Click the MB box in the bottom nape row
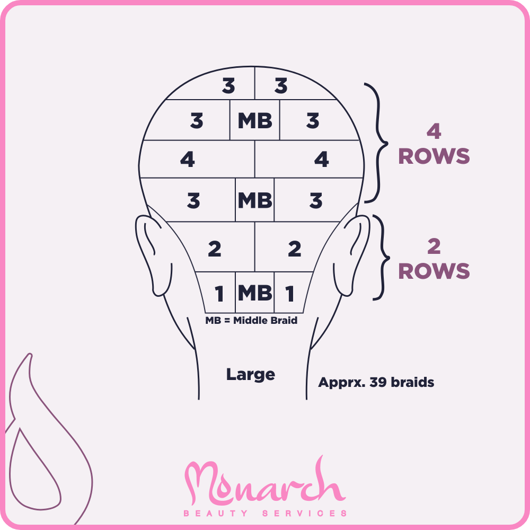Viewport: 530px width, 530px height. (254, 293)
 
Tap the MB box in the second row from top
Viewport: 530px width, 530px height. (255, 120)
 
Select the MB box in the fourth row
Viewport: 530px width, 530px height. (254, 200)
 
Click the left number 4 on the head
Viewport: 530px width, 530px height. (187, 159)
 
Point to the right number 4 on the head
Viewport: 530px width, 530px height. (322, 159)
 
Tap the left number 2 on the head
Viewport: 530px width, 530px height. (215, 249)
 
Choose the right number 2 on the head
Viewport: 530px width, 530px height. (294, 249)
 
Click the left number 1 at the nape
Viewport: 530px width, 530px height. (219, 294)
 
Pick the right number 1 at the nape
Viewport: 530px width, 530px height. (290, 294)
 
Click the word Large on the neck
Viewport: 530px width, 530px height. (251, 375)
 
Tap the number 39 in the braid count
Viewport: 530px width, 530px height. (378, 382)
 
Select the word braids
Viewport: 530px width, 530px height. (412, 382)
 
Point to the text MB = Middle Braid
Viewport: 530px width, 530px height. (251, 320)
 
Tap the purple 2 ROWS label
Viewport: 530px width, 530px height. (434, 259)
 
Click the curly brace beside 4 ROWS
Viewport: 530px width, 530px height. (376, 143)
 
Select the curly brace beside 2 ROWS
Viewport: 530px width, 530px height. (381, 257)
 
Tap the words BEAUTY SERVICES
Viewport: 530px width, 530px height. (265, 514)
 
